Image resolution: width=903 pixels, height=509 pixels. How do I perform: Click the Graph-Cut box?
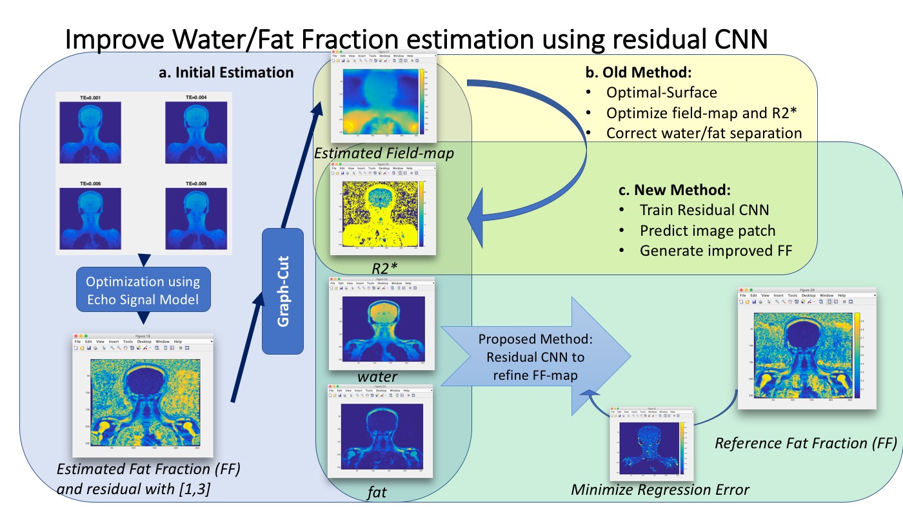[283, 291]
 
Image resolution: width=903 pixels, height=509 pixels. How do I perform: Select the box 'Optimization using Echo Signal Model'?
[143, 291]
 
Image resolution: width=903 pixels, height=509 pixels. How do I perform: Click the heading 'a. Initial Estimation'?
[226, 73]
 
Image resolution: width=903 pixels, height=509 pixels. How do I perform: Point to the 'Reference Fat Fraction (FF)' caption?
[806, 443]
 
